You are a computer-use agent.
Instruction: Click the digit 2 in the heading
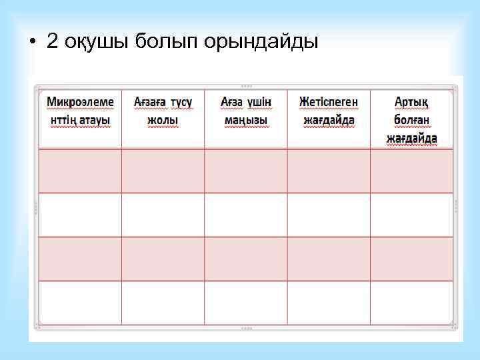53,42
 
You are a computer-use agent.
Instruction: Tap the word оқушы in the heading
96,43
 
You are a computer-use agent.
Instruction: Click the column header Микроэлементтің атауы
80,111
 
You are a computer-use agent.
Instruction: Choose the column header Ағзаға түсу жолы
163,111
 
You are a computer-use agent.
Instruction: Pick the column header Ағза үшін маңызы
246,111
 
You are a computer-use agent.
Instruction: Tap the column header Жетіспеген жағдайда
329,111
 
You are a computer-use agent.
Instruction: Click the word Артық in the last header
412,101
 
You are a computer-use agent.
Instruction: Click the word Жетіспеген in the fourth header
329,101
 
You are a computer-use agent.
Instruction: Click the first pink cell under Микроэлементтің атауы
80,171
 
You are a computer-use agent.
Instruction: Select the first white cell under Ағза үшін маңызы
246,215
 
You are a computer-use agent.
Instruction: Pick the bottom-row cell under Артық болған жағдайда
412,303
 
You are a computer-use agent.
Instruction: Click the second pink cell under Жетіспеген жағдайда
329,259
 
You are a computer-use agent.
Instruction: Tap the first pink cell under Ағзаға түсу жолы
163,171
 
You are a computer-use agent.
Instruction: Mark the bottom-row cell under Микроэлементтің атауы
80,303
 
